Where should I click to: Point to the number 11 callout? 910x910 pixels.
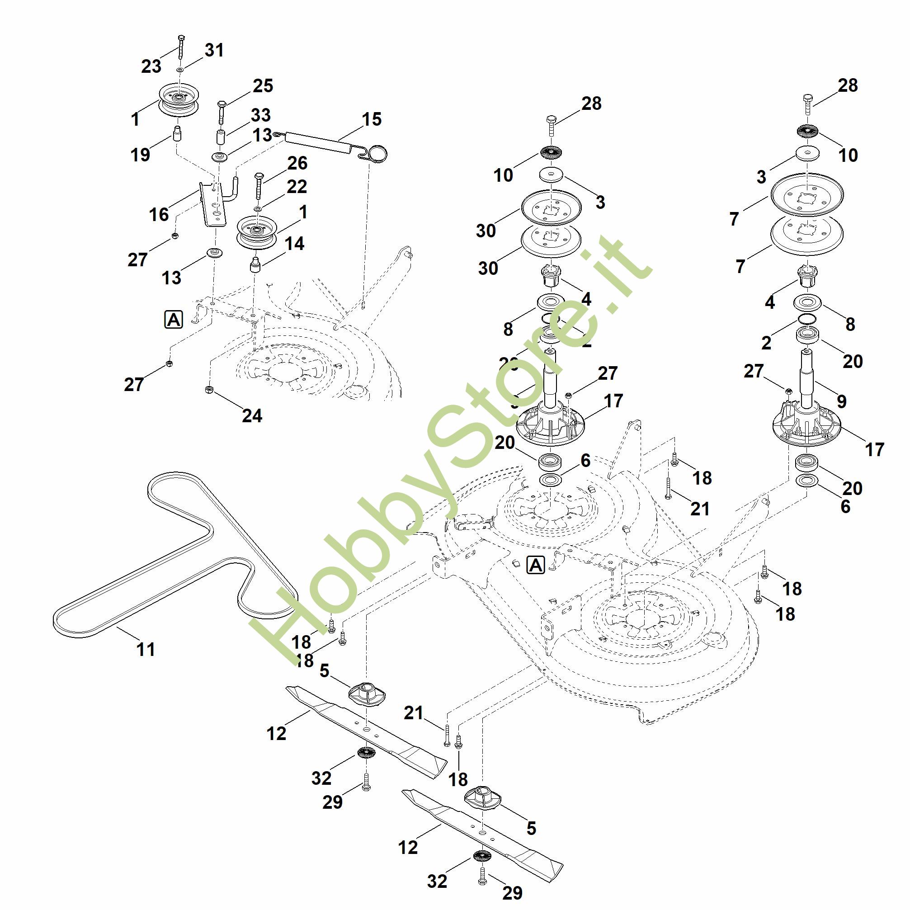(146, 650)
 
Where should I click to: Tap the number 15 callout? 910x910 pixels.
(372, 119)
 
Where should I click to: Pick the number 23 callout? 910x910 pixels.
(151, 66)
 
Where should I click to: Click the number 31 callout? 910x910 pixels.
(214, 50)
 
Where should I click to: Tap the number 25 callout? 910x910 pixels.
(263, 86)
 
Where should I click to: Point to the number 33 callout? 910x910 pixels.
(260, 115)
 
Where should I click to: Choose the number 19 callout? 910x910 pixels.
(140, 154)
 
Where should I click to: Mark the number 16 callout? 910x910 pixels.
(159, 214)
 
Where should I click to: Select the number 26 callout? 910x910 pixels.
(297, 163)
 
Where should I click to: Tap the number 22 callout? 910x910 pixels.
(297, 187)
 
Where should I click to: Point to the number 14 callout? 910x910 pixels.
(294, 244)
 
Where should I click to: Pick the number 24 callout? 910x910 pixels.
(252, 415)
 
